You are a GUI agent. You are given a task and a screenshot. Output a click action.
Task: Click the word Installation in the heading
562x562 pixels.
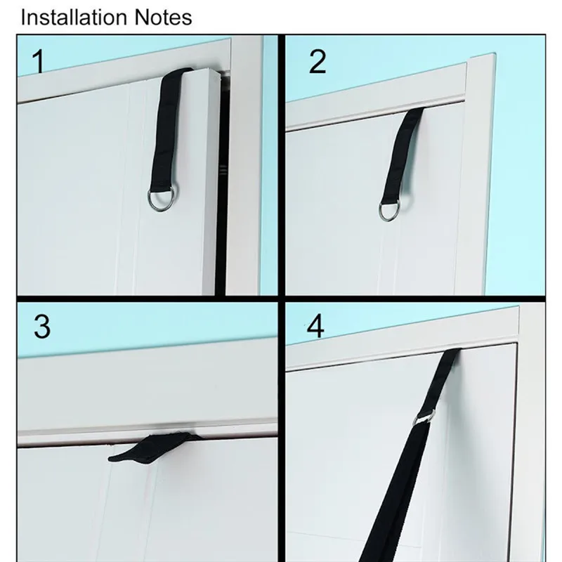pos(74,17)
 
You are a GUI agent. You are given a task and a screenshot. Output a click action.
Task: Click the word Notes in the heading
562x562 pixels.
pos(164,17)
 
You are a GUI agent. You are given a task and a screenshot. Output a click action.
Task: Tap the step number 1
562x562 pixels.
pos(39,61)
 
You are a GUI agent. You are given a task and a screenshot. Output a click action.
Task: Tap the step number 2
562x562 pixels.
pos(318,61)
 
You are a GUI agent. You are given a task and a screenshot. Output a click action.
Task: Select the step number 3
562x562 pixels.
pos(42,327)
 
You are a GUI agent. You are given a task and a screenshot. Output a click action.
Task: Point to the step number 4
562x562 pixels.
pos(315,326)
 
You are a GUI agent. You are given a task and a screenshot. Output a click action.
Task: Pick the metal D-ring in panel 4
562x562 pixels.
pos(425,417)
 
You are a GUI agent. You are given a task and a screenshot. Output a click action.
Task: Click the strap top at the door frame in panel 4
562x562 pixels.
pos(452,352)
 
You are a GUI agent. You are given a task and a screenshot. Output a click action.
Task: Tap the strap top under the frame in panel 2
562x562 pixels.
pos(415,110)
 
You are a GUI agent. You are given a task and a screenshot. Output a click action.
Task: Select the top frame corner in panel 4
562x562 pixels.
pos(518,307)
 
